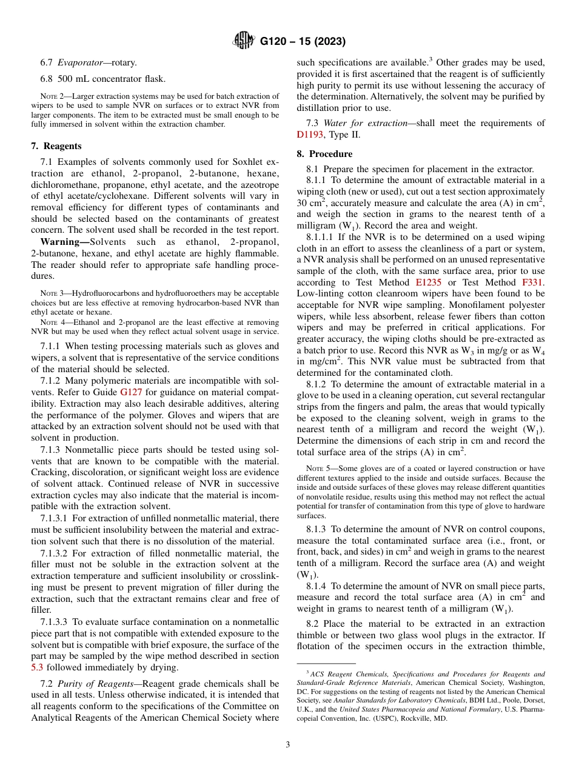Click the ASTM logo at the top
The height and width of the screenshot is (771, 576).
tap(244, 41)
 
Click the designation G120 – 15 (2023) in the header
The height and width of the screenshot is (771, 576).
tap(303, 42)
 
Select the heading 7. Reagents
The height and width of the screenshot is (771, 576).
tap(56, 146)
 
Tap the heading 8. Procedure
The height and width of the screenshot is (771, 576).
tap(324, 154)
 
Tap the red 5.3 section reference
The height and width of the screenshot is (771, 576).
tap(37, 667)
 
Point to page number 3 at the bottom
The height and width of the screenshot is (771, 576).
tap(288, 745)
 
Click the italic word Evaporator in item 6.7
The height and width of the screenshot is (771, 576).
tap(82, 62)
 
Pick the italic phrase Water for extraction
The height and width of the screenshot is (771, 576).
tap(366, 123)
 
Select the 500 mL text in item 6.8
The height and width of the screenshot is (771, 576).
tap(75, 78)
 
